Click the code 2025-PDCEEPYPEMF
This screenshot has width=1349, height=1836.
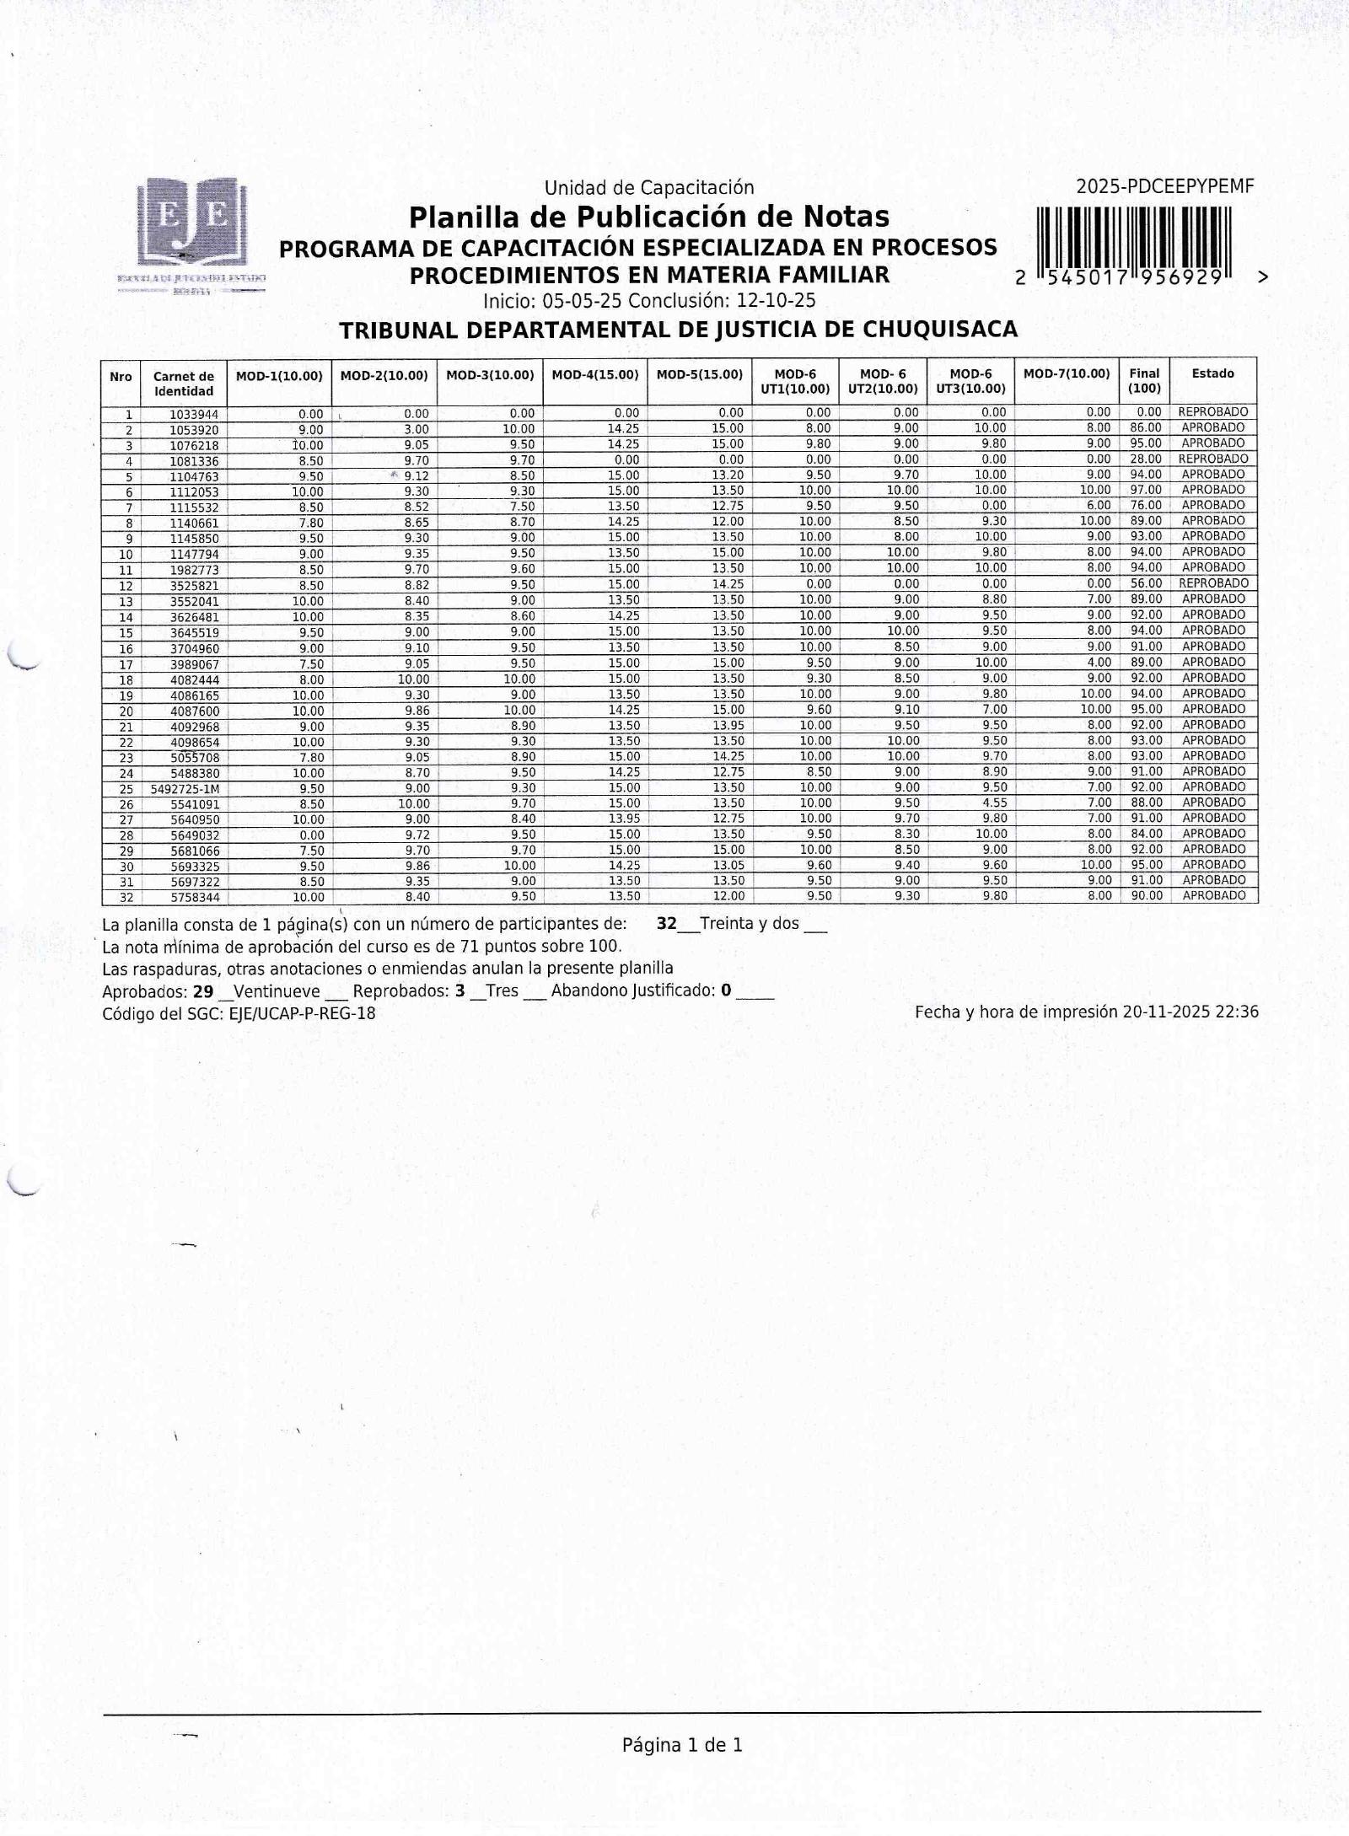1164,187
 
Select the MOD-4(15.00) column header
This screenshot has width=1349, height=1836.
595,375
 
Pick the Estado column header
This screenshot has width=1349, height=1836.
1212,373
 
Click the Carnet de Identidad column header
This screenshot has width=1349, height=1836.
184,384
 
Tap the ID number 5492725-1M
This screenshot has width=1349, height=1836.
185,789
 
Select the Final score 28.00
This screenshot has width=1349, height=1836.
1146,459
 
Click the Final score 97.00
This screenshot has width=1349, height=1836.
1146,490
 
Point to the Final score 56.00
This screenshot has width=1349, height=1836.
1146,583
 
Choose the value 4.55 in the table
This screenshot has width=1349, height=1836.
994,803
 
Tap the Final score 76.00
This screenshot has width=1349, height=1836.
1146,506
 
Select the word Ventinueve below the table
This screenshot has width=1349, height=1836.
277,991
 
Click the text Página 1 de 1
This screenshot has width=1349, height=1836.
682,1745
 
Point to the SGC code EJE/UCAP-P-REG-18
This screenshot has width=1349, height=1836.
302,1013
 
